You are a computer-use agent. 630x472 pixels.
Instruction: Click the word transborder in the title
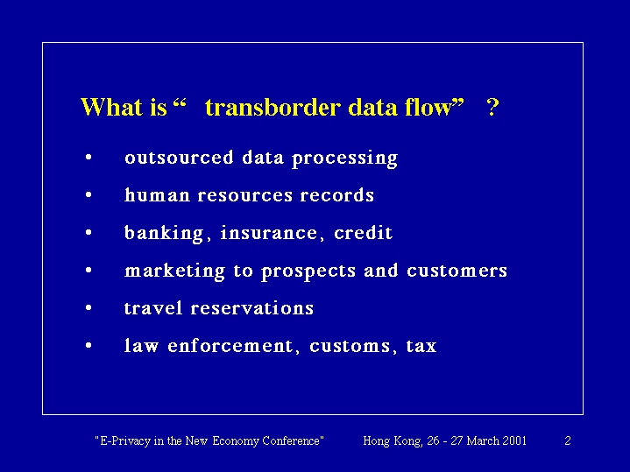(x=273, y=107)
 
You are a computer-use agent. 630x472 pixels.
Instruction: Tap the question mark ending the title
(x=492, y=107)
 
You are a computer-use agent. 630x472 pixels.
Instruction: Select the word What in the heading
(x=111, y=107)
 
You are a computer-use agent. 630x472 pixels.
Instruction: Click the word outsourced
(x=179, y=157)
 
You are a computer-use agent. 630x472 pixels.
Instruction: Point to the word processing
(x=344, y=159)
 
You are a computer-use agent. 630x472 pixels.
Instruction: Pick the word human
(x=157, y=194)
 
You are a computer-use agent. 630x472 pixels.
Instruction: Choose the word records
(x=336, y=194)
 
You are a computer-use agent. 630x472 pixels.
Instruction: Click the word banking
(x=164, y=234)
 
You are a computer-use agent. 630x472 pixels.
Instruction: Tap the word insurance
(x=269, y=233)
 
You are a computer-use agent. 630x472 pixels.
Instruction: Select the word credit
(x=364, y=233)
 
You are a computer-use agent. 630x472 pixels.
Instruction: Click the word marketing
(x=174, y=271)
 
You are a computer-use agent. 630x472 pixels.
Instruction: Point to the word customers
(x=457, y=271)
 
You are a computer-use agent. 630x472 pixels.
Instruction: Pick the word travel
(x=153, y=308)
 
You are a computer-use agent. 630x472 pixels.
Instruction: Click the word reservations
(x=252, y=308)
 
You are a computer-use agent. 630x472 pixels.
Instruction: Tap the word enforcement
(x=230, y=346)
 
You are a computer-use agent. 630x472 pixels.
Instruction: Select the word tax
(x=421, y=346)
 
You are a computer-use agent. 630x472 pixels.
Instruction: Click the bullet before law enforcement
(x=88, y=346)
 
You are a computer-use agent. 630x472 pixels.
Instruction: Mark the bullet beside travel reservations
(x=88, y=308)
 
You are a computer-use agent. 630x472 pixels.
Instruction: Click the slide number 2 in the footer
(x=568, y=440)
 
